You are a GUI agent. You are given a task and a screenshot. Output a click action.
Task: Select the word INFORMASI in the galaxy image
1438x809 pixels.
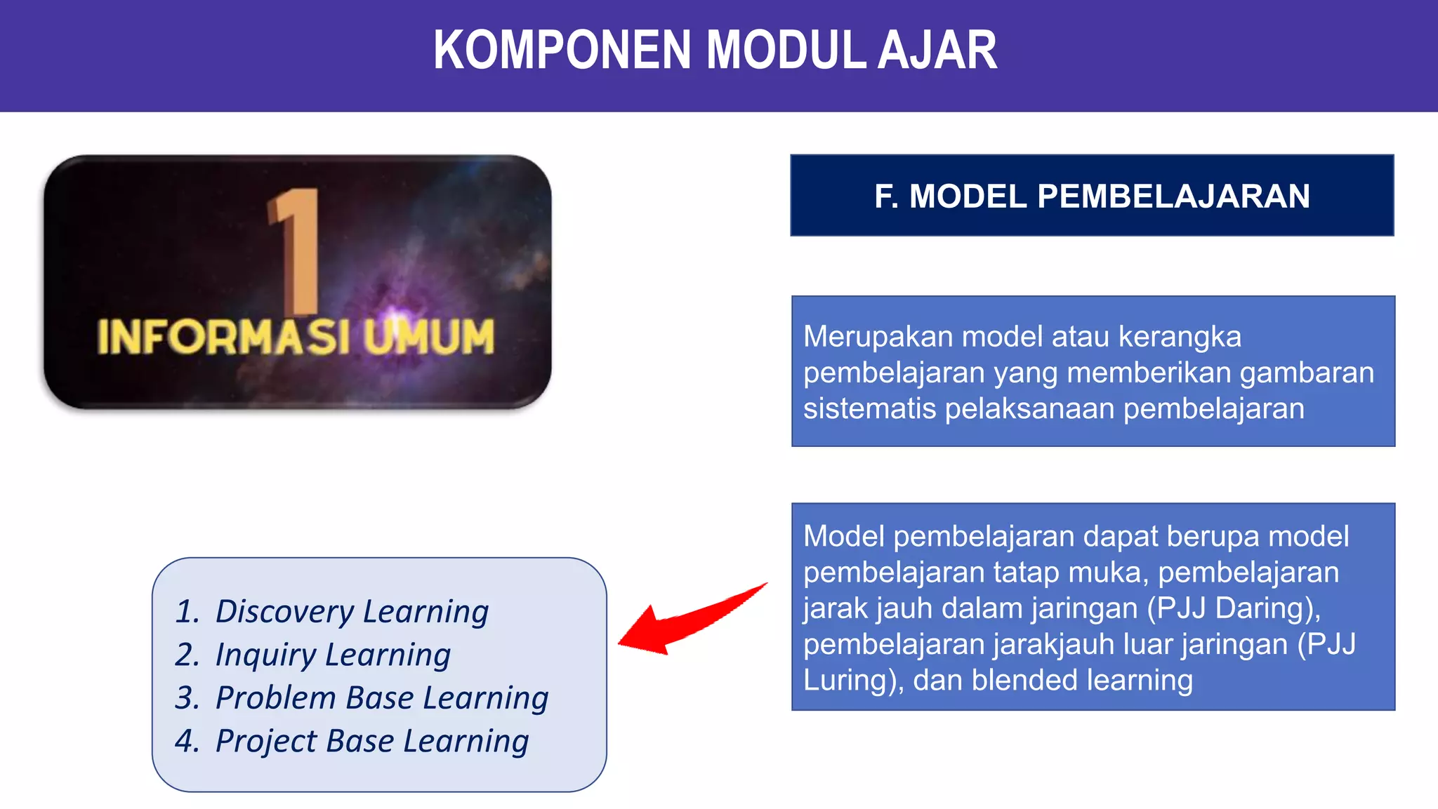[224, 337]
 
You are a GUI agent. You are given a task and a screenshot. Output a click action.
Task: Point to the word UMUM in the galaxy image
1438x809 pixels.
[429, 337]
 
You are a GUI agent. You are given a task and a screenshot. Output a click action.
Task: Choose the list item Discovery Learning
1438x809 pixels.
[352, 611]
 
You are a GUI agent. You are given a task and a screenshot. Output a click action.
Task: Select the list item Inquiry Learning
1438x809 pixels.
[333, 655]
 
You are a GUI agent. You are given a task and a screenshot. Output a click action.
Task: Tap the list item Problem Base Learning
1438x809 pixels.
[381, 697]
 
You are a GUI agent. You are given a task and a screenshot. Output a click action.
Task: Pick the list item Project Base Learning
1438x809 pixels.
[371, 741]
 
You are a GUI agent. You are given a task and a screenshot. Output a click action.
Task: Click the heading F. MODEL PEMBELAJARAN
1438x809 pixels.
[1092, 196]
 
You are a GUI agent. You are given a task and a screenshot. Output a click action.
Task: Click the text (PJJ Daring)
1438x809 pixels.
[1234, 608]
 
